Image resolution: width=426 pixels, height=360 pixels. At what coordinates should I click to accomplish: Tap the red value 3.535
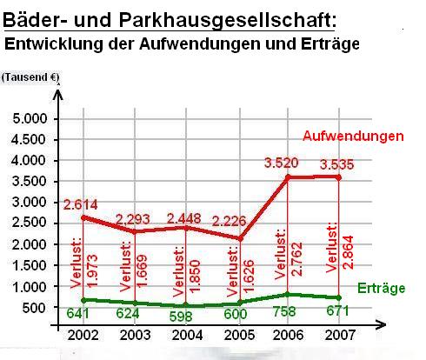(x=337, y=163)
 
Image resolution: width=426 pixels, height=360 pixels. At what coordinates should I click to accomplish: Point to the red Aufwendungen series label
(x=354, y=137)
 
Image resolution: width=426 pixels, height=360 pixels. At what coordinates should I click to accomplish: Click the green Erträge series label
(x=381, y=288)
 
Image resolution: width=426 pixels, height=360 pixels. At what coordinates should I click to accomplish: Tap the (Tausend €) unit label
(x=30, y=77)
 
